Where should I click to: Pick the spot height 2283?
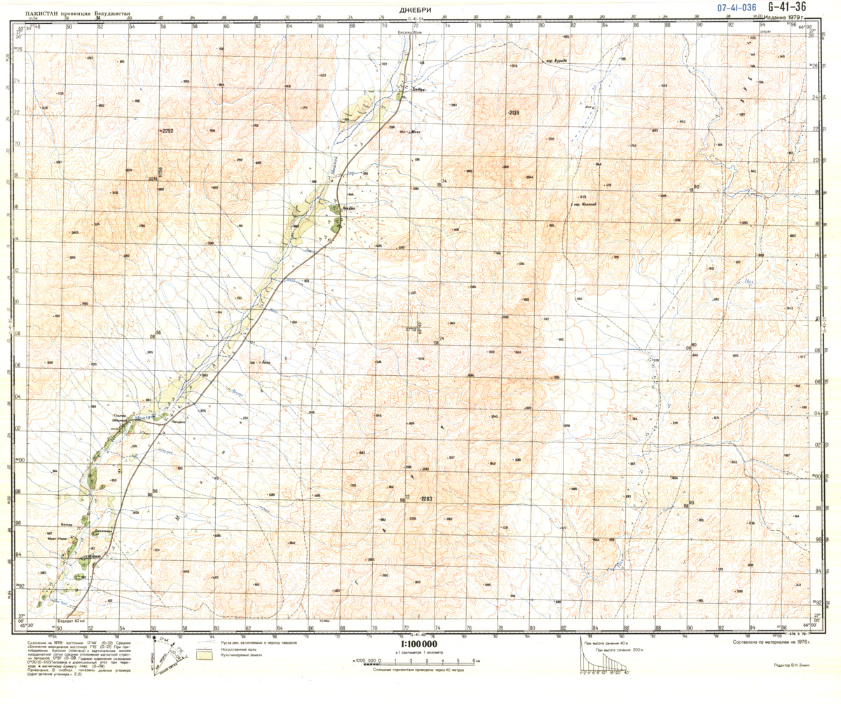tap(427, 499)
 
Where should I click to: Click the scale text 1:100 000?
tap(419, 644)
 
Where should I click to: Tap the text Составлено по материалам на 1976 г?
tap(770, 642)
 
